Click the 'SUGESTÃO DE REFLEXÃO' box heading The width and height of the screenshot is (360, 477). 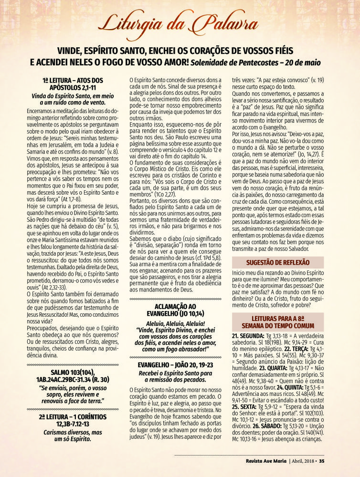point(277,262)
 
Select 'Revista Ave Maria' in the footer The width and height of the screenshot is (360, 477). point(260,461)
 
